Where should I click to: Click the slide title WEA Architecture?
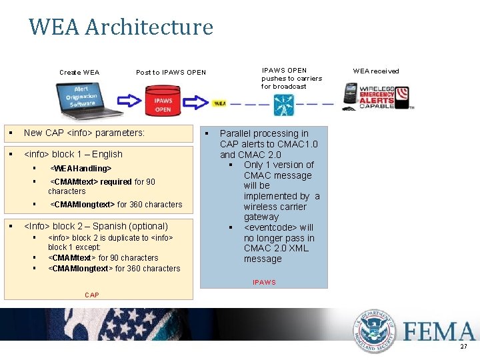coord(121,27)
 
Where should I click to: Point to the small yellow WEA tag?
coord(219,103)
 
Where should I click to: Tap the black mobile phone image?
coord(351,95)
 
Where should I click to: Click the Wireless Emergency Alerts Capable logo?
coord(385,96)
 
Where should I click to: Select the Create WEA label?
coord(79,72)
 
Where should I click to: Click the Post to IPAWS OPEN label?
coord(171,72)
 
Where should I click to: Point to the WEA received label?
coord(376,71)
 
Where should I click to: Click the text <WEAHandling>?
coord(81,169)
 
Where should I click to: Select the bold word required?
coord(115,181)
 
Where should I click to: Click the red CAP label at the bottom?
coord(93,295)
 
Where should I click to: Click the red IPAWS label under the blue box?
coord(264,283)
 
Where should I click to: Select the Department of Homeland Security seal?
coord(375,331)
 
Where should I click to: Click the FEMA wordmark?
coord(439,331)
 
